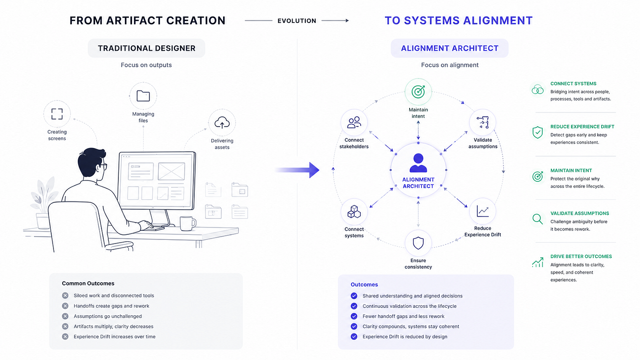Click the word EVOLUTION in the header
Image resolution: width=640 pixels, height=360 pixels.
[x=297, y=21]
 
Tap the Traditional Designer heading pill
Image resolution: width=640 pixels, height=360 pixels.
[x=147, y=48]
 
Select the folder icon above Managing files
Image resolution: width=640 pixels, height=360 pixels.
[x=143, y=96]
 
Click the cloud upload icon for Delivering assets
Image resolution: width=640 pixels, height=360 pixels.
[x=222, y=122]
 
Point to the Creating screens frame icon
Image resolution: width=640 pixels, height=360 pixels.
[x=57, y=114]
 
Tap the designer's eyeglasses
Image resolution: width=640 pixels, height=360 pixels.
[x=103, y=166]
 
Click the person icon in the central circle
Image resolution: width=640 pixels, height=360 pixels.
[x=418, y=163]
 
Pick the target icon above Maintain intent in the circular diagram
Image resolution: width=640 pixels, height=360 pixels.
[x=418, y=92]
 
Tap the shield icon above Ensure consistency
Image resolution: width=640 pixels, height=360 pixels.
[x=418, y=243]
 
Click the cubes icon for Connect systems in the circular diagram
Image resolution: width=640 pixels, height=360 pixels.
[x=354, y=212]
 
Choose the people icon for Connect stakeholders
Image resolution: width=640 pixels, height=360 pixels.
[x=354, y=122]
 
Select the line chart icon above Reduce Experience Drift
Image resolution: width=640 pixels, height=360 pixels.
[x=483, y=211]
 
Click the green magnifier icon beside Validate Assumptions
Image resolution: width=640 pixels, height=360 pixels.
[x=538, y=219]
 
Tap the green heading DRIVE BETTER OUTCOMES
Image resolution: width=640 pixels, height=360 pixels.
[x=581, y=256]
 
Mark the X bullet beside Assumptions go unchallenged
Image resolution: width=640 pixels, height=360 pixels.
[x=65, y=316]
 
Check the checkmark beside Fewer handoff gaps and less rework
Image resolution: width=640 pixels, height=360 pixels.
[x=354, y=316]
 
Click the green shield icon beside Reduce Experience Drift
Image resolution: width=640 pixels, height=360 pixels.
[x=538, y=132]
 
